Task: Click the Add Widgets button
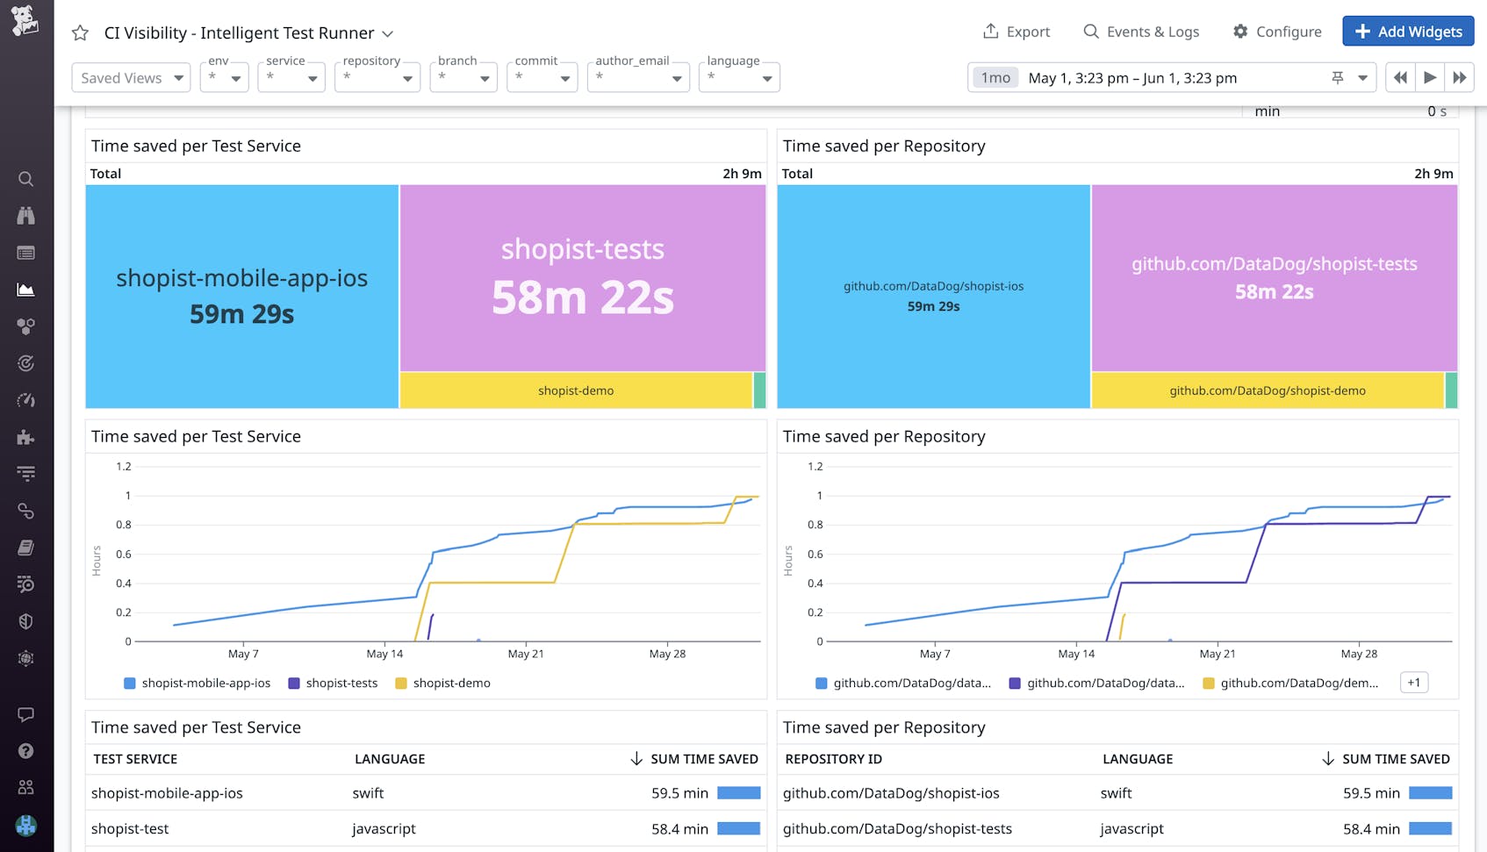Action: point(1408,32)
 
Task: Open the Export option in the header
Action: point(1016,32)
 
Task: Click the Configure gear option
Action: point(1276,32)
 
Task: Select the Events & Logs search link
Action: point(1141,32)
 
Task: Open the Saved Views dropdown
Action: point(131,78)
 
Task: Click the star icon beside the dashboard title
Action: point(80,33)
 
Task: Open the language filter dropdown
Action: point(739,78)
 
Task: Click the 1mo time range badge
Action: point(995,78)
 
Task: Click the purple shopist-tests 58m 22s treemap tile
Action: point(583,277)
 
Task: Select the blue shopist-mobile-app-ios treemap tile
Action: point(241,296)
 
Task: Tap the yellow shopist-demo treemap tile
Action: point(576,390)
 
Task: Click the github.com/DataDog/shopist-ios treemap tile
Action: point(933,296)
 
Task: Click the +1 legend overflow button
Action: point(1413,683)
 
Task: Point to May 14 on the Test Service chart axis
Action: point(384,654)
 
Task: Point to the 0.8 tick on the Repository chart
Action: point(814,525)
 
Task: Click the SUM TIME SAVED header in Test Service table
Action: point(703,759)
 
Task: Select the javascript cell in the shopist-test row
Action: point(384,828)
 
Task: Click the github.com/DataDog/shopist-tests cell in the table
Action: point(897,828)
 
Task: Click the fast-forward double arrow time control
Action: point(1459,78)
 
